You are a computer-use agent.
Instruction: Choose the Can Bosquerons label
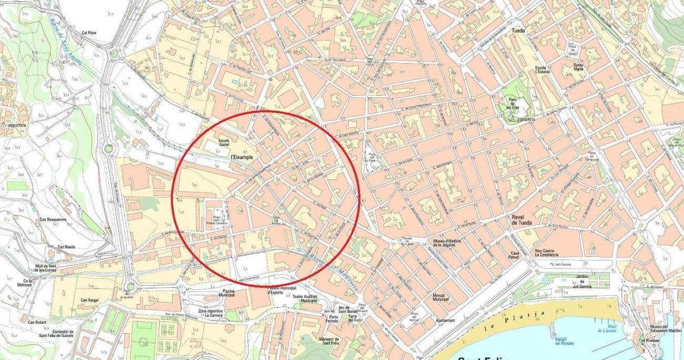(x=53, y=219)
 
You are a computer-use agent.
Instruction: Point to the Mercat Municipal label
(x=440, y=297)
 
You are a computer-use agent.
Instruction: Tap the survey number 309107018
(x=18, y=126)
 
